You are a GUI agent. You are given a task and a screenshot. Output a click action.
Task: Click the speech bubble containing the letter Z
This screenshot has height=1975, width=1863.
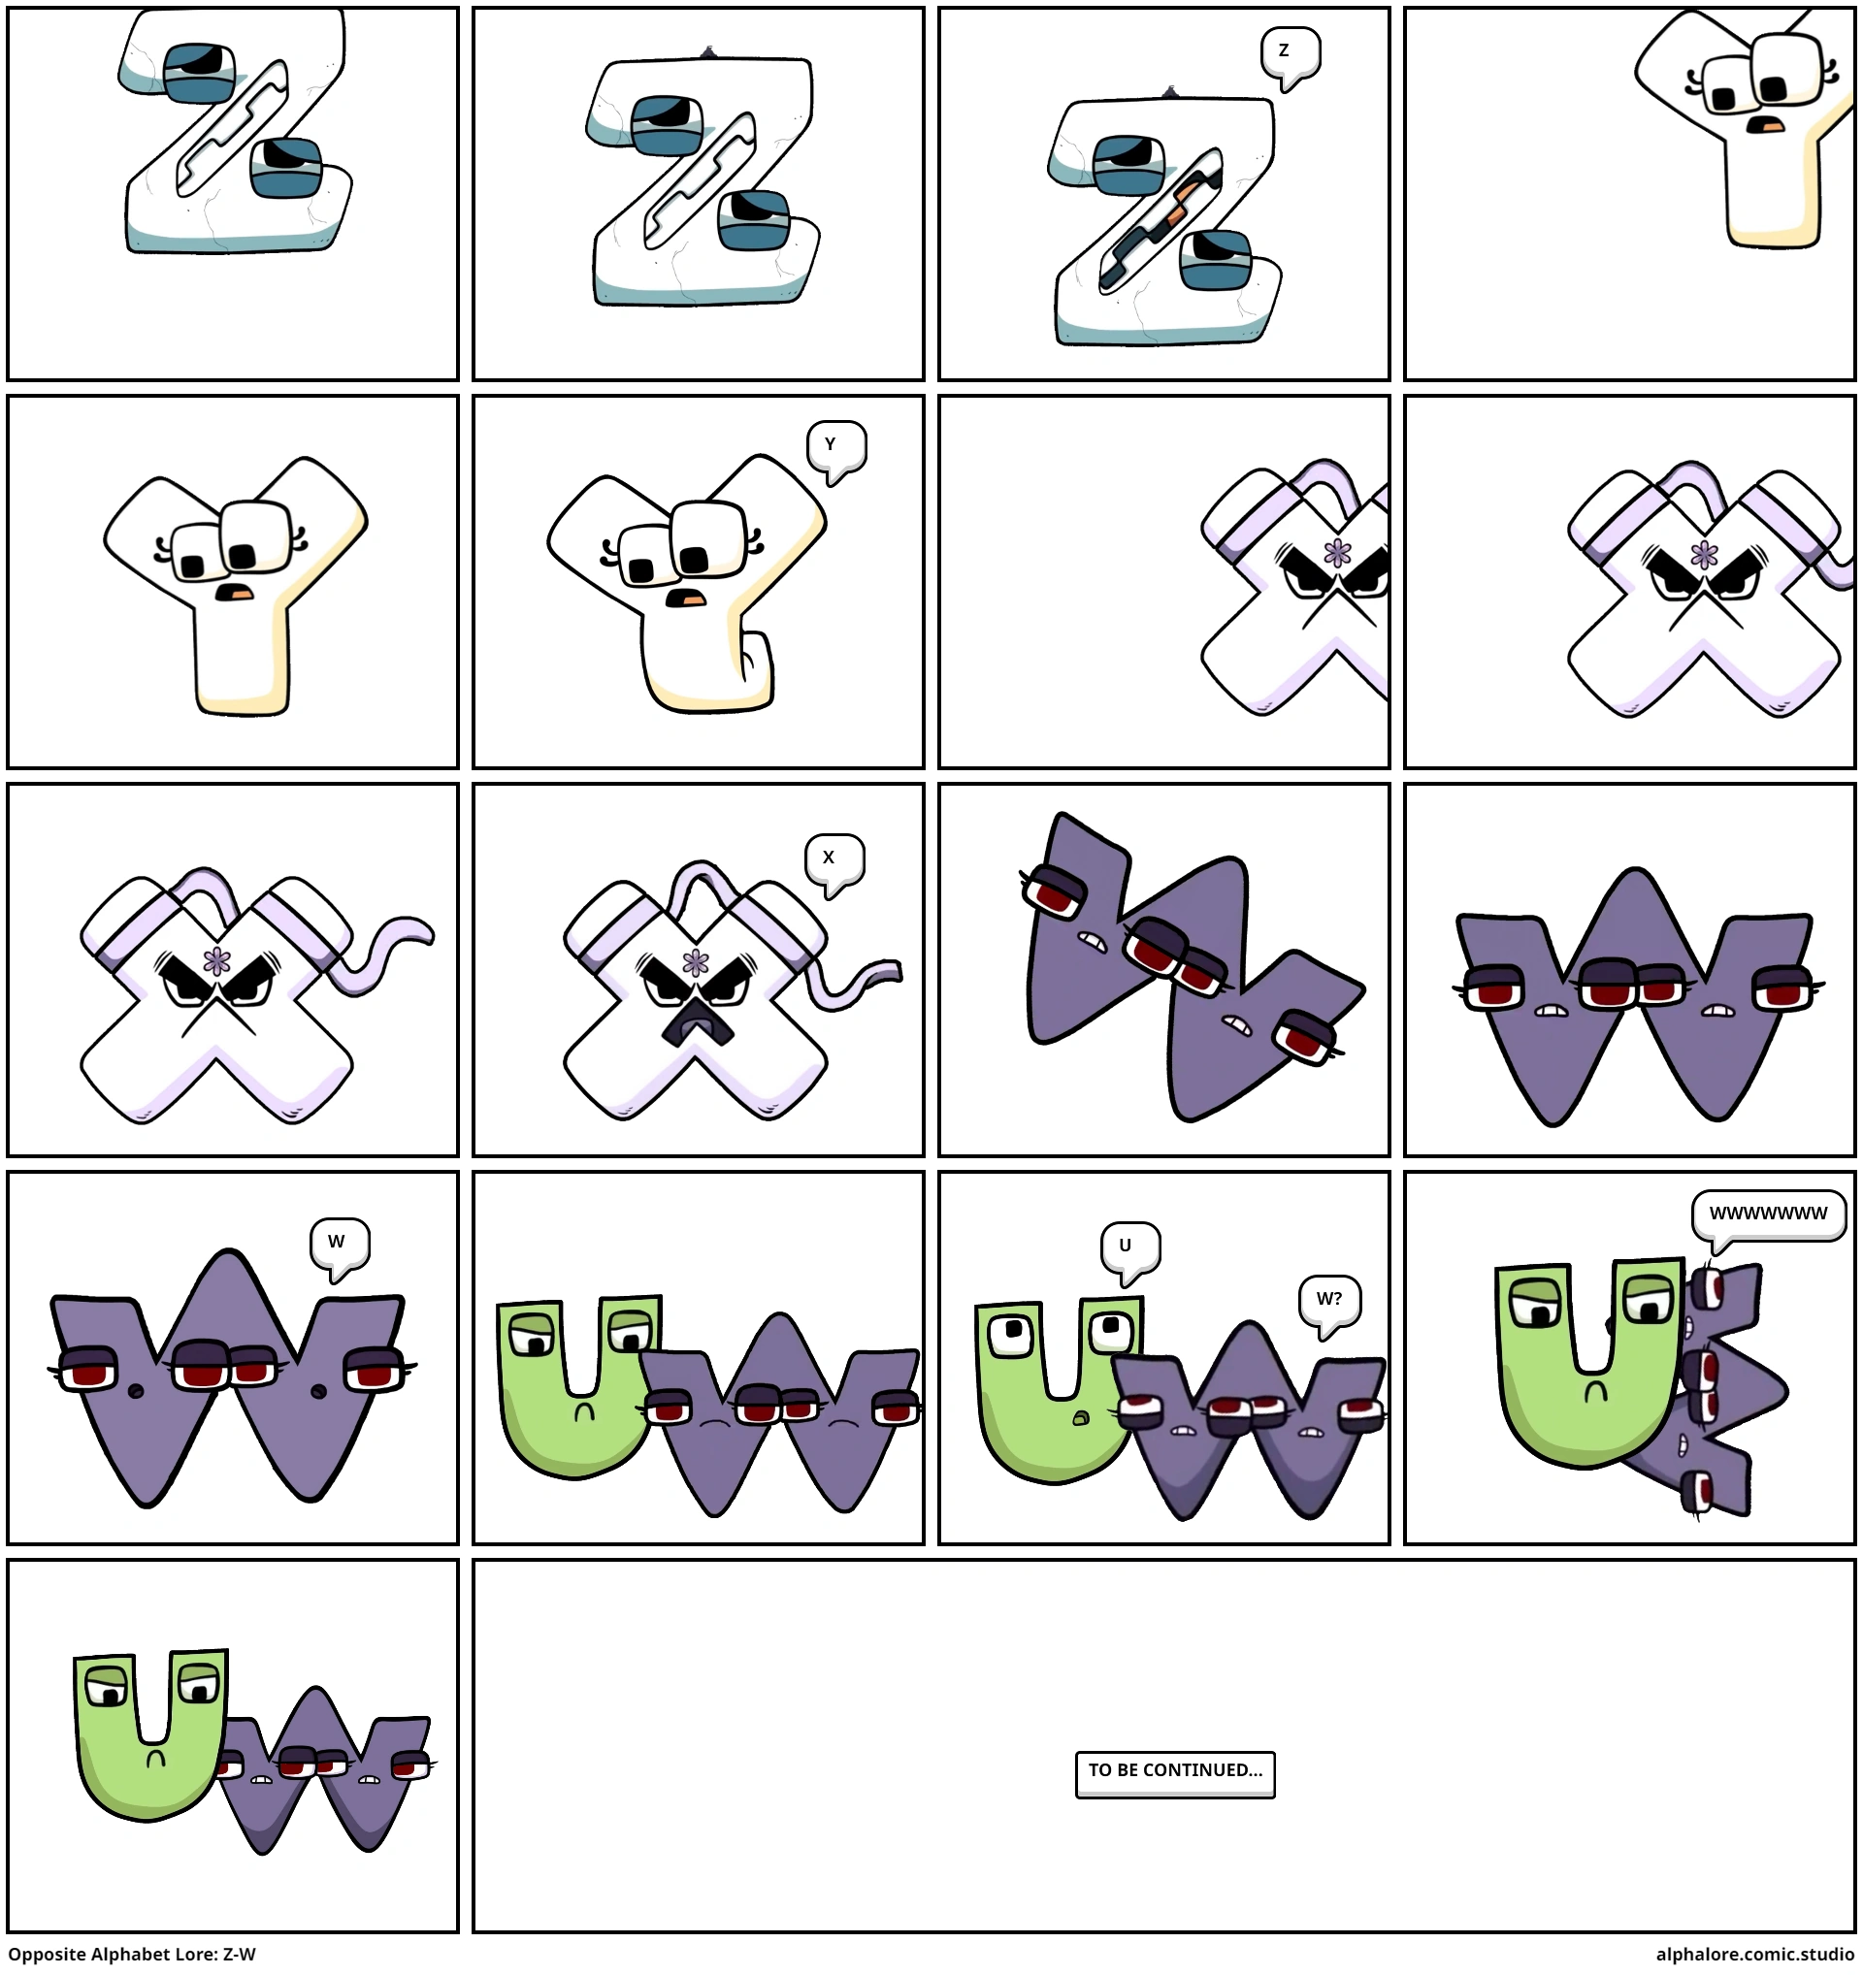(1290, 51)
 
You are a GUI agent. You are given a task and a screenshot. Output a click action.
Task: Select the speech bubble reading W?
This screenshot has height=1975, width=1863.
(1329, 1301)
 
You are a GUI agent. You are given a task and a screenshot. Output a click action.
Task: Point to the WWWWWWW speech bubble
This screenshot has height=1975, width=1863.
(1768, 1215)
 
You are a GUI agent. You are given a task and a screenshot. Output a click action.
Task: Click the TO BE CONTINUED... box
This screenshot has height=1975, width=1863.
(1174, 1773)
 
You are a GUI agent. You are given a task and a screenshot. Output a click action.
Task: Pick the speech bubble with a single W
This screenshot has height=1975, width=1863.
(340, 1244)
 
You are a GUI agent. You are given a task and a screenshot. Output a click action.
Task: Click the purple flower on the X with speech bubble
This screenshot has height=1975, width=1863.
(696, 962)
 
